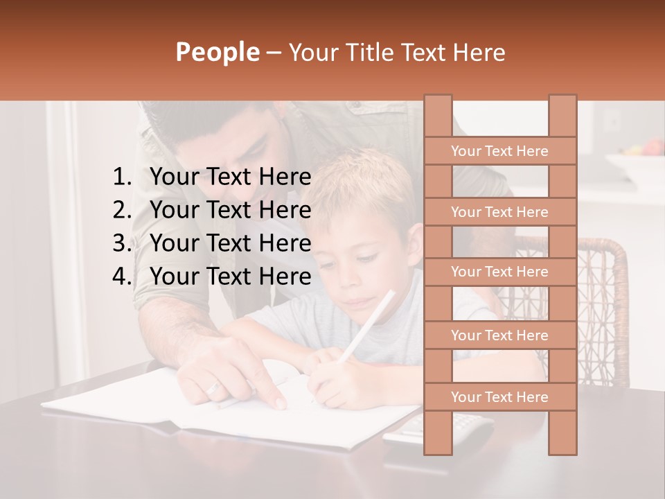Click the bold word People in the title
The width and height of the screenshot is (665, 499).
coord(217,53)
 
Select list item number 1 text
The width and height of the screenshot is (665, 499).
coord(230,177)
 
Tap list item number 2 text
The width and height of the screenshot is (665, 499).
coord(230,210)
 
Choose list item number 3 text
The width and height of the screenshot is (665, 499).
coord(230,243)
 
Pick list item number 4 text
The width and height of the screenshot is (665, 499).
coord(230,277)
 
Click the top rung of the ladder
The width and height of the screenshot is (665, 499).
coord(499,151)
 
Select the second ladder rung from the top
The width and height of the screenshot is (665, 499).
coord(499,212)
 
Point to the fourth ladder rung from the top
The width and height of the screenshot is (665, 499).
coord(499,335)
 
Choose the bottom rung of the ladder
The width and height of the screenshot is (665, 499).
coord(499,397)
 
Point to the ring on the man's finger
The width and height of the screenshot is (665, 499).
coord(213,389)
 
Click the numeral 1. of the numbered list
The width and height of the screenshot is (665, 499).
coord(122,177)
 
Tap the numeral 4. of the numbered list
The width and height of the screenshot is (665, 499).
coord(122,277)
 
